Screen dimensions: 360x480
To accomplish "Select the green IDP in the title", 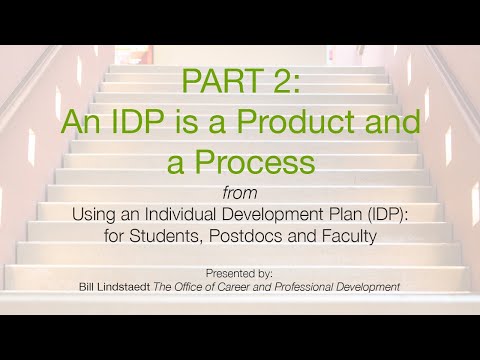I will click(x=138, y=122).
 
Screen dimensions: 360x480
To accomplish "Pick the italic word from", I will click(x=240, y=192).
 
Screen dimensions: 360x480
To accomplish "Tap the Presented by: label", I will click(x=240, y=272).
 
